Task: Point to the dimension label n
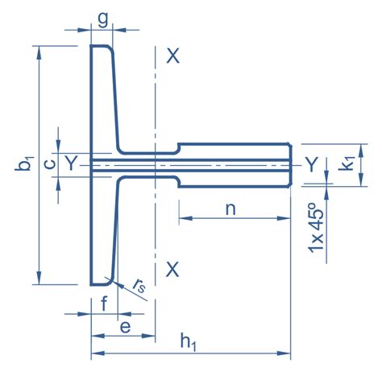click(230, 208)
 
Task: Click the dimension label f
click(105, 304)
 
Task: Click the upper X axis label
click(172, 56)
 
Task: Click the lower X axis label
click(172, 270)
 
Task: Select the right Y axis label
click(311, 164)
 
